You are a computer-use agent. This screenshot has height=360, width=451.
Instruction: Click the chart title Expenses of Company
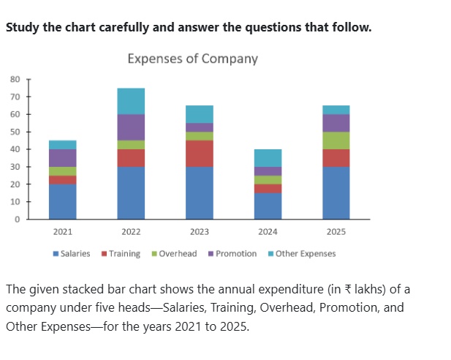click(x=193, y=59)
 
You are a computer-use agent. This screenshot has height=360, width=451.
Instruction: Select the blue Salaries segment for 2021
click(x=63, y=202)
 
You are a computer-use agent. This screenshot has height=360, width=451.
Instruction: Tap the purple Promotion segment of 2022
click(x=131, y=127)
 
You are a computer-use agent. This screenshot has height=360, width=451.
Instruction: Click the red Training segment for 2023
click(x=200, y=154)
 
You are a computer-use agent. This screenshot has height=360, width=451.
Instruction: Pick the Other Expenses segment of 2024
click(x=268, y=158)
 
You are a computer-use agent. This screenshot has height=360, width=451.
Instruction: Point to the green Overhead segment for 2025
click(x=336, y=140)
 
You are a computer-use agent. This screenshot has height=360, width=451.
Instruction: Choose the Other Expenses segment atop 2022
click(x=131, y=101)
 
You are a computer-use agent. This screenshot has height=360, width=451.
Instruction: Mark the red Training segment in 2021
click(x=63, y=180)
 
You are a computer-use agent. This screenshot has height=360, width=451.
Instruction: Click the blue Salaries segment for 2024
click(x=268, y=206)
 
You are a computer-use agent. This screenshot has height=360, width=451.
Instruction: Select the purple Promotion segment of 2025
click(x=336, y=123)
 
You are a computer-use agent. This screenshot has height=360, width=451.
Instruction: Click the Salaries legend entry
click(x=72, y=254)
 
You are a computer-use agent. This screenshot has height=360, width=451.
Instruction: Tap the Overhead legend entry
click(x=174, y=254)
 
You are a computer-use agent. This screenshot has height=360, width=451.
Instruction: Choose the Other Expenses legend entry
click(x=302, y=254)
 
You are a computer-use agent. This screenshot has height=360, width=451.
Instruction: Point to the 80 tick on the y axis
click(x=15, y=79)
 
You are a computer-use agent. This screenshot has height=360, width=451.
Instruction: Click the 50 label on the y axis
click(x=15, y=132)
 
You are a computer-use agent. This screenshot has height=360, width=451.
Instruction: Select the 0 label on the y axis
click(x=18, y=220)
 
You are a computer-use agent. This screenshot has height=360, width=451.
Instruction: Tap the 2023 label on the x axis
click(x=200, y=232)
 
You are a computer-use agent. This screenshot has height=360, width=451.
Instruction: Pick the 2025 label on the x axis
click(x=336, y=232)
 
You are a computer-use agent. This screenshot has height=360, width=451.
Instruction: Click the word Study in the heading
click(x=23, y=28)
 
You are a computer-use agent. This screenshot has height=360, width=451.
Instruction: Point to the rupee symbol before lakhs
click(x=348, y=289)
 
